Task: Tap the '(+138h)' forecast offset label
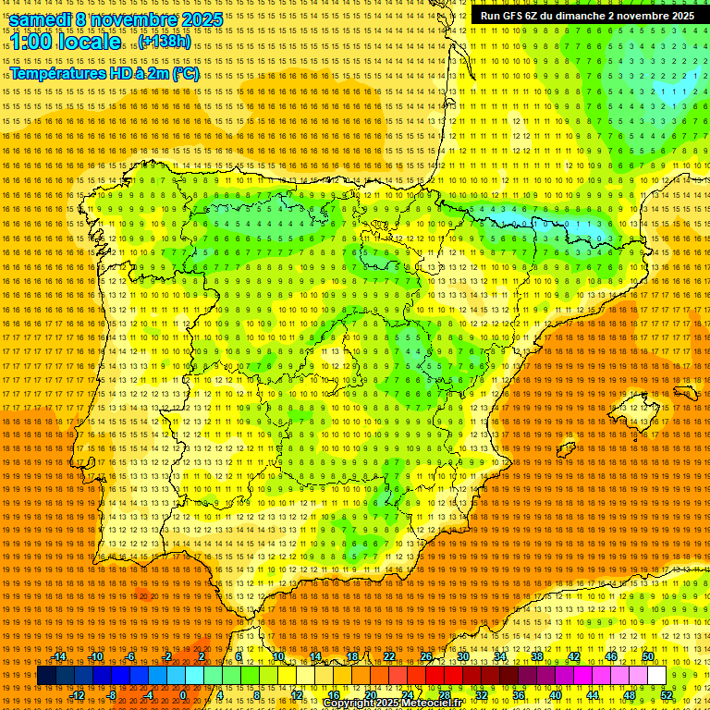[x=165, y=42]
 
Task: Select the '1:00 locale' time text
[x=66, y=42]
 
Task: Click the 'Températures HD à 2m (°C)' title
[x=104, y=73]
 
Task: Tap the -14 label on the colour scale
[x=60, y=656]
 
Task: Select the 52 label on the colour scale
[x=667, y=695]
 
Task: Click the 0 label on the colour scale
[x=183, y=695]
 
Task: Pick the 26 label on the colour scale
[x=426, y=656]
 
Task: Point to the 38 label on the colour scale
[x=537, y=656]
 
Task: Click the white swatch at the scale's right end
[x=656, y=676]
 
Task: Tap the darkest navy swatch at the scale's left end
[x=46, y=676]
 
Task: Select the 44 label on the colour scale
[x=593, y=695]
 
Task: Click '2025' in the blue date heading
[x=202, y=19]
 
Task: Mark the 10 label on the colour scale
[x=278, y=656]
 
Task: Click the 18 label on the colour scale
[x=352, y=656]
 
